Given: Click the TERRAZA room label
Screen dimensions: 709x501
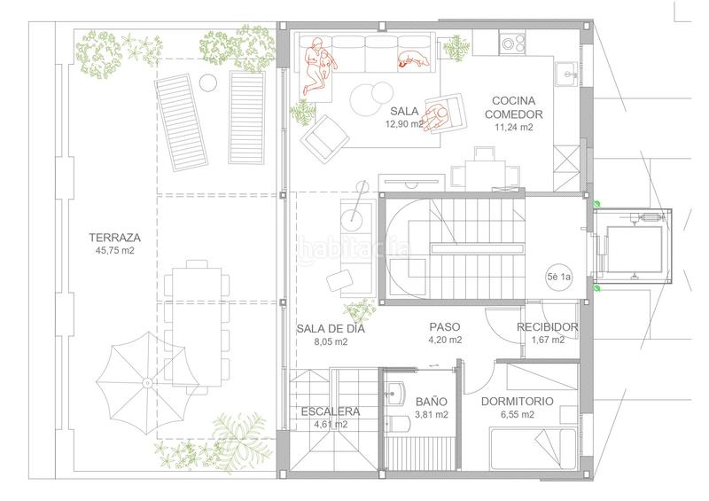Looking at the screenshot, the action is (115, 237).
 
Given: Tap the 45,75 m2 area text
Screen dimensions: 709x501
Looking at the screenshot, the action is (115, 250).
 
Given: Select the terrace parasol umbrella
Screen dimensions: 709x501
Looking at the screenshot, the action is (147, 383).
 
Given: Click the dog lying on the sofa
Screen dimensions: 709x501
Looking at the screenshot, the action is (413, 59).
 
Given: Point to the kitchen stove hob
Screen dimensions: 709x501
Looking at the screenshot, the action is (513, 43).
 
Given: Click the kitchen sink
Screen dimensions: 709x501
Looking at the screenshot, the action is (566, 74).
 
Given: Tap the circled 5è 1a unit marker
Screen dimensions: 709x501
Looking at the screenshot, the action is (559, 277).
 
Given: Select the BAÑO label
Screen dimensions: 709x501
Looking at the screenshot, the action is (432, 401).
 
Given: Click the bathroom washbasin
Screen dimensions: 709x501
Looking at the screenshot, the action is (396, 393).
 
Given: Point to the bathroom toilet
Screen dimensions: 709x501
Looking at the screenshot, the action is (397, 424).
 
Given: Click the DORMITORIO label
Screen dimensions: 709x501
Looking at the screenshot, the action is (517, 401).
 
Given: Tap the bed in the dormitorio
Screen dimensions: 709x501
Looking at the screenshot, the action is (534, 449).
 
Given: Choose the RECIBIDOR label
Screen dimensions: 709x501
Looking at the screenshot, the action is (547, 327).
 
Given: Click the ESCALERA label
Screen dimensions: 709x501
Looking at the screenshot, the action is (331, 411).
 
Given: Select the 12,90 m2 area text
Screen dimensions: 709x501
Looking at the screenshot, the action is (404, 124).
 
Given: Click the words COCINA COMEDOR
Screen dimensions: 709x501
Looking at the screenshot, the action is (514, 107).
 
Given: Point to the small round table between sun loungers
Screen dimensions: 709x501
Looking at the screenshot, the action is (208, 82).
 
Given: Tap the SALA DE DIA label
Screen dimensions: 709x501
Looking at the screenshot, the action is (331, 329).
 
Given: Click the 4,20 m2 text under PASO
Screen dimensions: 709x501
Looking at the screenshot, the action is (445, 340).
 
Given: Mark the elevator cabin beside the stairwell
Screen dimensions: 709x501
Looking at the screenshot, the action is (633, 247).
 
